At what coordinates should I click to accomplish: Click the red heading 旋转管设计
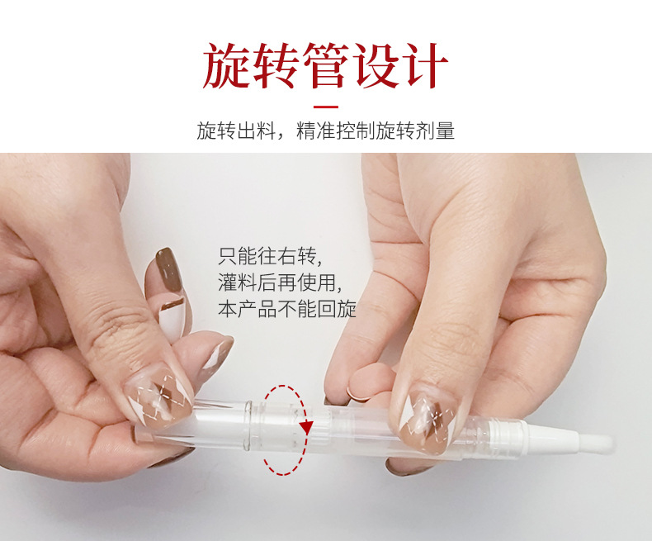325,66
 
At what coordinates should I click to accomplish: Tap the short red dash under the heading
325,107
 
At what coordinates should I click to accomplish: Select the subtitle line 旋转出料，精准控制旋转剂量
325,131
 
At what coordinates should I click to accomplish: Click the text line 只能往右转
269,256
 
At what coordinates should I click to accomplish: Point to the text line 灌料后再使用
280,282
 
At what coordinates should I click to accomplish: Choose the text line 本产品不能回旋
287,309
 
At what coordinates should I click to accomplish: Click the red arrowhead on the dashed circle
307,427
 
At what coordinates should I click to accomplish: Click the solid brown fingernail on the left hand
169,269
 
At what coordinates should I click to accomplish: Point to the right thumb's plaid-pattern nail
428,421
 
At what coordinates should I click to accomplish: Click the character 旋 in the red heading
227,66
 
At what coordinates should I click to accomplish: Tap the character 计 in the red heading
424,66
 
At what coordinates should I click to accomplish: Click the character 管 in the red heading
325,66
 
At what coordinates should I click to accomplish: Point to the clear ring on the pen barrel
248,425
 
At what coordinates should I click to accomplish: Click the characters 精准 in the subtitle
315,131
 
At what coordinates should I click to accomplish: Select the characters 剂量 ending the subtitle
436,131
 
